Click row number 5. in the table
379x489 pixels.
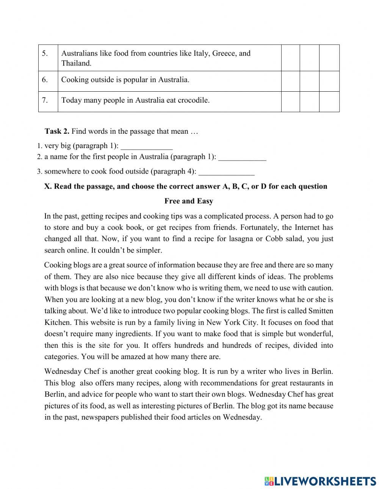(x=45, y=53)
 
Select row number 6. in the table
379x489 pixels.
(x=45, y=80)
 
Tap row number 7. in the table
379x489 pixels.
(x=45, y=100)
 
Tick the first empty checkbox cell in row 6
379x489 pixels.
(x=290, y=81)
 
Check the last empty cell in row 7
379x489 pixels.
(x=329, y=102)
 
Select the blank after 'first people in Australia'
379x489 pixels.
(x=242, y=157)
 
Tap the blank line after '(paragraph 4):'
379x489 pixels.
(x=226, y=172)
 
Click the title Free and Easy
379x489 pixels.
(x=189, y=201)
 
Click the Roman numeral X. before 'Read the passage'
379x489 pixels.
(x=48, y=186)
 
